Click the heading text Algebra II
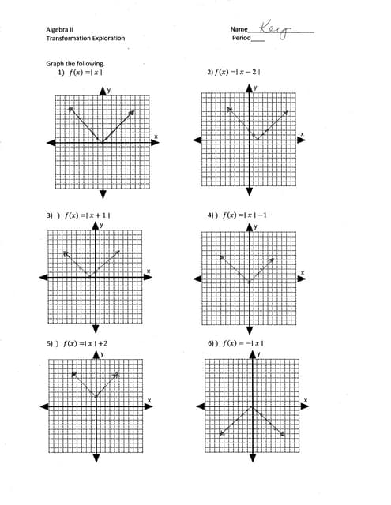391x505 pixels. pos(60,29)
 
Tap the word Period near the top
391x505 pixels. pos(241,38)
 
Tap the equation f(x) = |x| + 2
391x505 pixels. pos(86,344)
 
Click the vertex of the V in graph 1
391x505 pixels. pos(102,142)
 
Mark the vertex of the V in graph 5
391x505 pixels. pos(96,397)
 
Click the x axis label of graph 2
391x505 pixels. pos(301,135)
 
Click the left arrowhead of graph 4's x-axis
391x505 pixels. pos(197,279)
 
